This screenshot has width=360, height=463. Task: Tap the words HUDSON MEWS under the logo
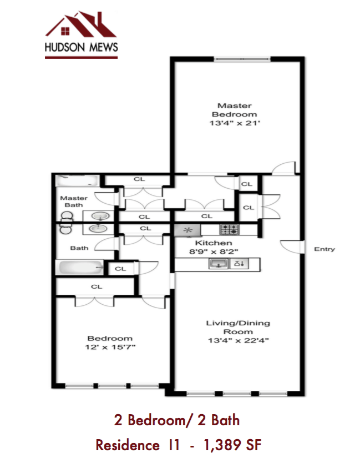pos(81,48)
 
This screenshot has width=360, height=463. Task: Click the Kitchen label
pos(213,243)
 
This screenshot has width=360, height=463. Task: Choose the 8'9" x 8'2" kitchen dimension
pos(213,251)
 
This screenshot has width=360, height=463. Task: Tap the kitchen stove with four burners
pos(229,229)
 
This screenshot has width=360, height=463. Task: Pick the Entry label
pos(324,249)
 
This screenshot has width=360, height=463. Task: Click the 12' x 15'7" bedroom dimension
pos(109,347)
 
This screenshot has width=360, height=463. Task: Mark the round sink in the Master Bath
pos(99,215)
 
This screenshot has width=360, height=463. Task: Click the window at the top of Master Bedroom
pos(241,58)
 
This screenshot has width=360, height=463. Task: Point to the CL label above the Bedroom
pos(97,286)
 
